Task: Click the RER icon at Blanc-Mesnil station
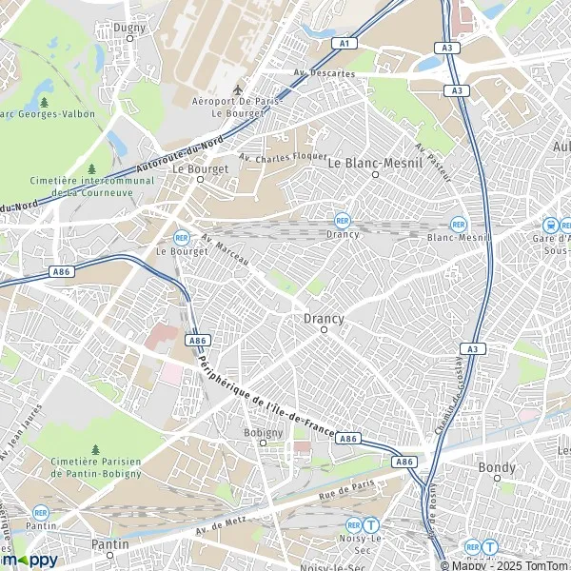458,224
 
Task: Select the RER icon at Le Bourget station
181,238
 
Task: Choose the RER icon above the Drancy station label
342,219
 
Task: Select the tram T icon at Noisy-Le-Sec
373,523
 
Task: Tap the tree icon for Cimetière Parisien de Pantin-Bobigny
95,449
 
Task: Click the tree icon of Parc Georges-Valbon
45,102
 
